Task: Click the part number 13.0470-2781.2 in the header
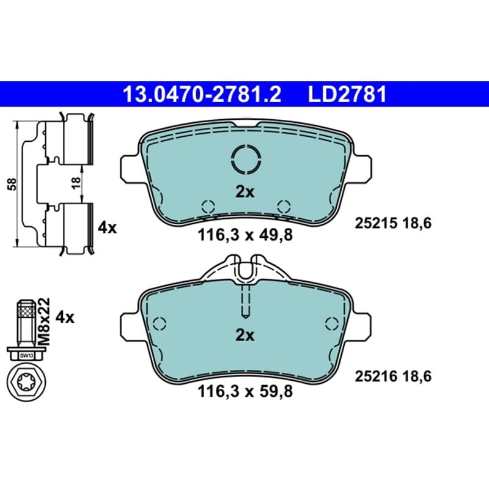pyautogui.click(x=202, y=95)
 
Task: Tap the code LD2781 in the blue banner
pyautogui.click(x=347, y=95)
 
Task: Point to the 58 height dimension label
pyautogui.click(x=12, y=185)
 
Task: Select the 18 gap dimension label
pyautogui.click(x=76, y=183)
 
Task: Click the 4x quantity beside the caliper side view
pyautogui.click(x=107, y=228)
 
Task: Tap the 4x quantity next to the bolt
pyautogui.click(x=65, y=317)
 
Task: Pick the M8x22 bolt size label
pyautogui.click(x=44, y=322)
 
